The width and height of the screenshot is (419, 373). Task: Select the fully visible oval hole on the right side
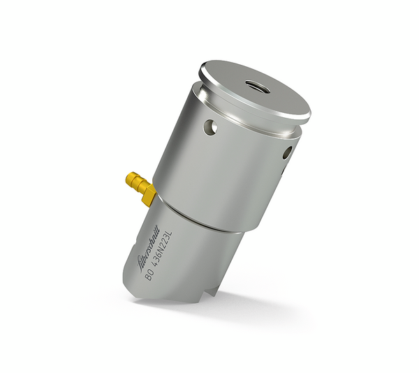pyautogui.click(x=285, y=153)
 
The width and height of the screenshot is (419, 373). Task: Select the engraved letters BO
pyautogui.click(x=149, y=275)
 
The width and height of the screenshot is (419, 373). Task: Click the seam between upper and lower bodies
pyautogui.click(x=203, y=222)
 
